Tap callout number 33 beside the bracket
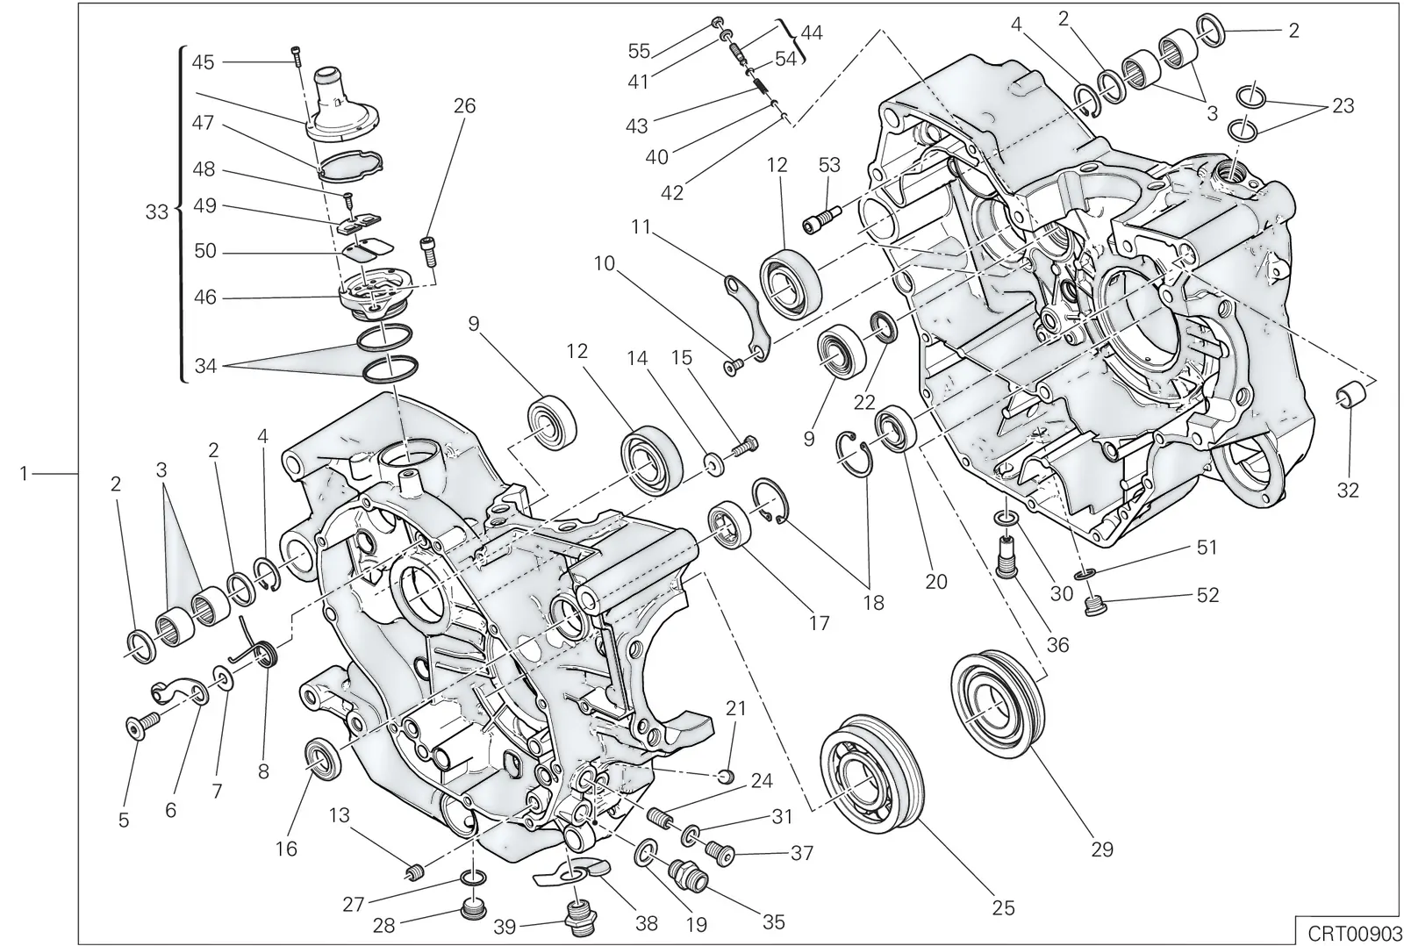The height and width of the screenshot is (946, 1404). pos(157,211)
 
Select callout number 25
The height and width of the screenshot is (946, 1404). pos(1004,907)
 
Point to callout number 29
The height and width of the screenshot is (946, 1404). pos(1102,849)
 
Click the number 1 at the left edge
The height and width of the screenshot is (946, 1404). pos(24,474)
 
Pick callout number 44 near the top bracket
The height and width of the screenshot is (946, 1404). pos(812,32)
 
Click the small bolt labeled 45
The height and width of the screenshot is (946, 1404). pos(296,55)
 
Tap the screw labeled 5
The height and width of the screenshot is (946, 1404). pos(141,727)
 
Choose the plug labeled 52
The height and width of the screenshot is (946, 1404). pos(1094,606)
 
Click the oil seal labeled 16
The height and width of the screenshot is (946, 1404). pos(324,760)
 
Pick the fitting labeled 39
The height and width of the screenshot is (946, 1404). pos(580,919)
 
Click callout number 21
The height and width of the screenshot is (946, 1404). pos(736,708)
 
